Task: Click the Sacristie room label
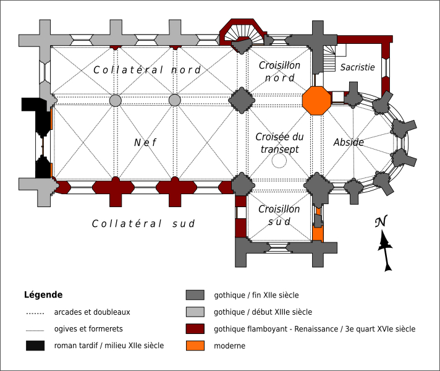pos(357,67)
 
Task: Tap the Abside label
pos(349,142)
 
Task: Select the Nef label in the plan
pos(146,143)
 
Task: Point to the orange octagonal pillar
pos(316,101)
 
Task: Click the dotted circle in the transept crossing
pos(280,161)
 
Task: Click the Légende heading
pos(43,295)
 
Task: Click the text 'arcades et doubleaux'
pos(92,312)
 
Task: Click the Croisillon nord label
pos(279,71)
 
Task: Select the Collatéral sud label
pos(143,224)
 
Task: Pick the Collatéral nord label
pos(147,70)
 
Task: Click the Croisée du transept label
pos(279,142)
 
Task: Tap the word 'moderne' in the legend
pos(230,346)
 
